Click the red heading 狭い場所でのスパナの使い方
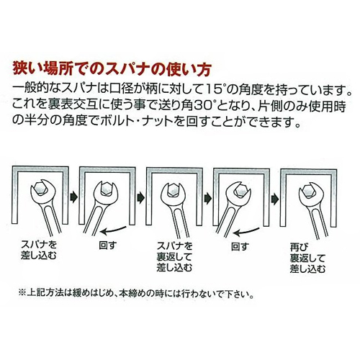(x=112, y=70)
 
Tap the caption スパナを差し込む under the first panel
(x=39, y=250)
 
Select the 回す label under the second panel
(x=108, y=245)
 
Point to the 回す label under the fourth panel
(x=240, y=246)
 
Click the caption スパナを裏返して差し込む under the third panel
(x=174, y=257)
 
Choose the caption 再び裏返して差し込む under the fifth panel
(x=307, y=258)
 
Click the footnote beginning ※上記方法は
(x=136, y=293)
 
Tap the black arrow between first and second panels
(x=73, y=197)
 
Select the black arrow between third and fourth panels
(x=208, y=199)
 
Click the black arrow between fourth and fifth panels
(x=275, y=199)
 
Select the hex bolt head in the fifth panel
(x=309, y=191)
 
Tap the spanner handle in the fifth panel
(x=315, y=224)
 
